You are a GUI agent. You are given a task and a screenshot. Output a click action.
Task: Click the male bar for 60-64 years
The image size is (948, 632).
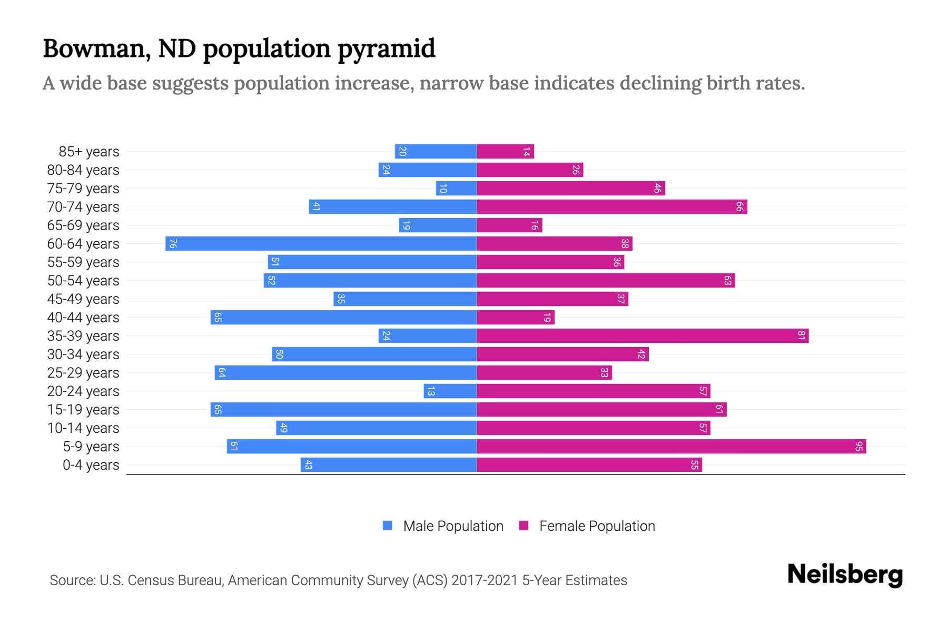point(321,243)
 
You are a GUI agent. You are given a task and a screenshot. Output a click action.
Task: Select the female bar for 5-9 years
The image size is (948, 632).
point(671,446)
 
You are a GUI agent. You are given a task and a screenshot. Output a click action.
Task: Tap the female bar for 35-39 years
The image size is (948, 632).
point(643,335)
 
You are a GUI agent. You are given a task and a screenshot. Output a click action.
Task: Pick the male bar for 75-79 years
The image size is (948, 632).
point(456,188)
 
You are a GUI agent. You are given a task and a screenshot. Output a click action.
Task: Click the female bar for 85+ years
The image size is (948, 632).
point(506,151)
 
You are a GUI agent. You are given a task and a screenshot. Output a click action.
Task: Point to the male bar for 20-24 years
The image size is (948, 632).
point(450,391)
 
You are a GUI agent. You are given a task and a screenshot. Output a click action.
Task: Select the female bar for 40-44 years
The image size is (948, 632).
point(516,317)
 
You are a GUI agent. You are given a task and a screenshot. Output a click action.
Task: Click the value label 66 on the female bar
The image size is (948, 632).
point(739,206)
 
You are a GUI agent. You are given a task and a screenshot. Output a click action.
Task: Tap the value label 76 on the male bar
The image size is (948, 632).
point(173,243)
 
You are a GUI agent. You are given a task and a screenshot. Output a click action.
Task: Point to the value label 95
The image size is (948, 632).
point(859,446)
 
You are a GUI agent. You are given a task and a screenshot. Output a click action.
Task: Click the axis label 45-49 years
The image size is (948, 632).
point(83,299)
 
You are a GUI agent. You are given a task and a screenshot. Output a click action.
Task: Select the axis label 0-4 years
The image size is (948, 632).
point(91,465)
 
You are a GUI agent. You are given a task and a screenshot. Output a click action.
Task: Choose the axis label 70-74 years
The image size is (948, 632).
point(83,206)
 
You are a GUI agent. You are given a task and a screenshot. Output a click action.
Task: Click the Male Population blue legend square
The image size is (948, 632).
point(388,526)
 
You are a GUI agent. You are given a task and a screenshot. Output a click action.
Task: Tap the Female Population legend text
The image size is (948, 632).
point(597,526)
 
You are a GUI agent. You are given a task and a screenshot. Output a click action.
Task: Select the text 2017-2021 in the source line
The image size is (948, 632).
point(485,580)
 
